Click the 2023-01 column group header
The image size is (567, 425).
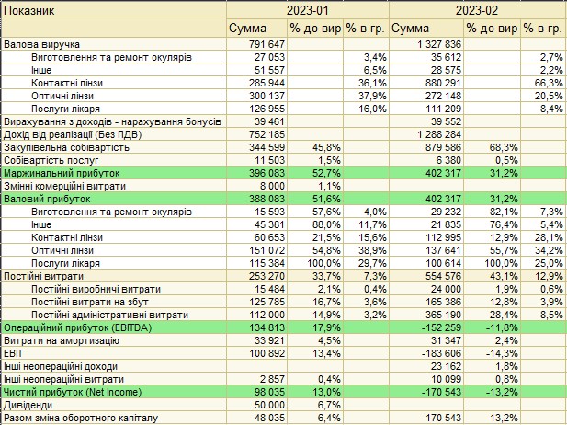click(x=307, y=10)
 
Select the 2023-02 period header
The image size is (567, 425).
click(x=477, y=10)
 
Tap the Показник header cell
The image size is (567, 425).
click(x=28, y=10)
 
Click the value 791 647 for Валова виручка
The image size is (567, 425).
click(x=266, y=44)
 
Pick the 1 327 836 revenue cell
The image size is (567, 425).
click(x=439, y=44)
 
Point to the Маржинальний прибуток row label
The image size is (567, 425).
click(x=62, y=173)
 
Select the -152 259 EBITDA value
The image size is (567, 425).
click(x=441, y=327)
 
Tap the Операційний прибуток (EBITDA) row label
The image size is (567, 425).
click(x=77, y=328)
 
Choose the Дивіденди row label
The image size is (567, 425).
click(x=28, y=405)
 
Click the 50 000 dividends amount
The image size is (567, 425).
click(x=270, y=405)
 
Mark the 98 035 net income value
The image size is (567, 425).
click(x=270, y=392)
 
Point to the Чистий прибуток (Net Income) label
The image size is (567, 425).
click(x=73, y=392)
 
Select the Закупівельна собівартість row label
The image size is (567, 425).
click(x=66, y=147)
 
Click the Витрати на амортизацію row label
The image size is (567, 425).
click(x=62, y=340)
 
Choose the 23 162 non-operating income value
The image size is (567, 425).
click(x=447, y=366)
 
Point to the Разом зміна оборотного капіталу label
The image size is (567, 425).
click(x=81, y=419)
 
